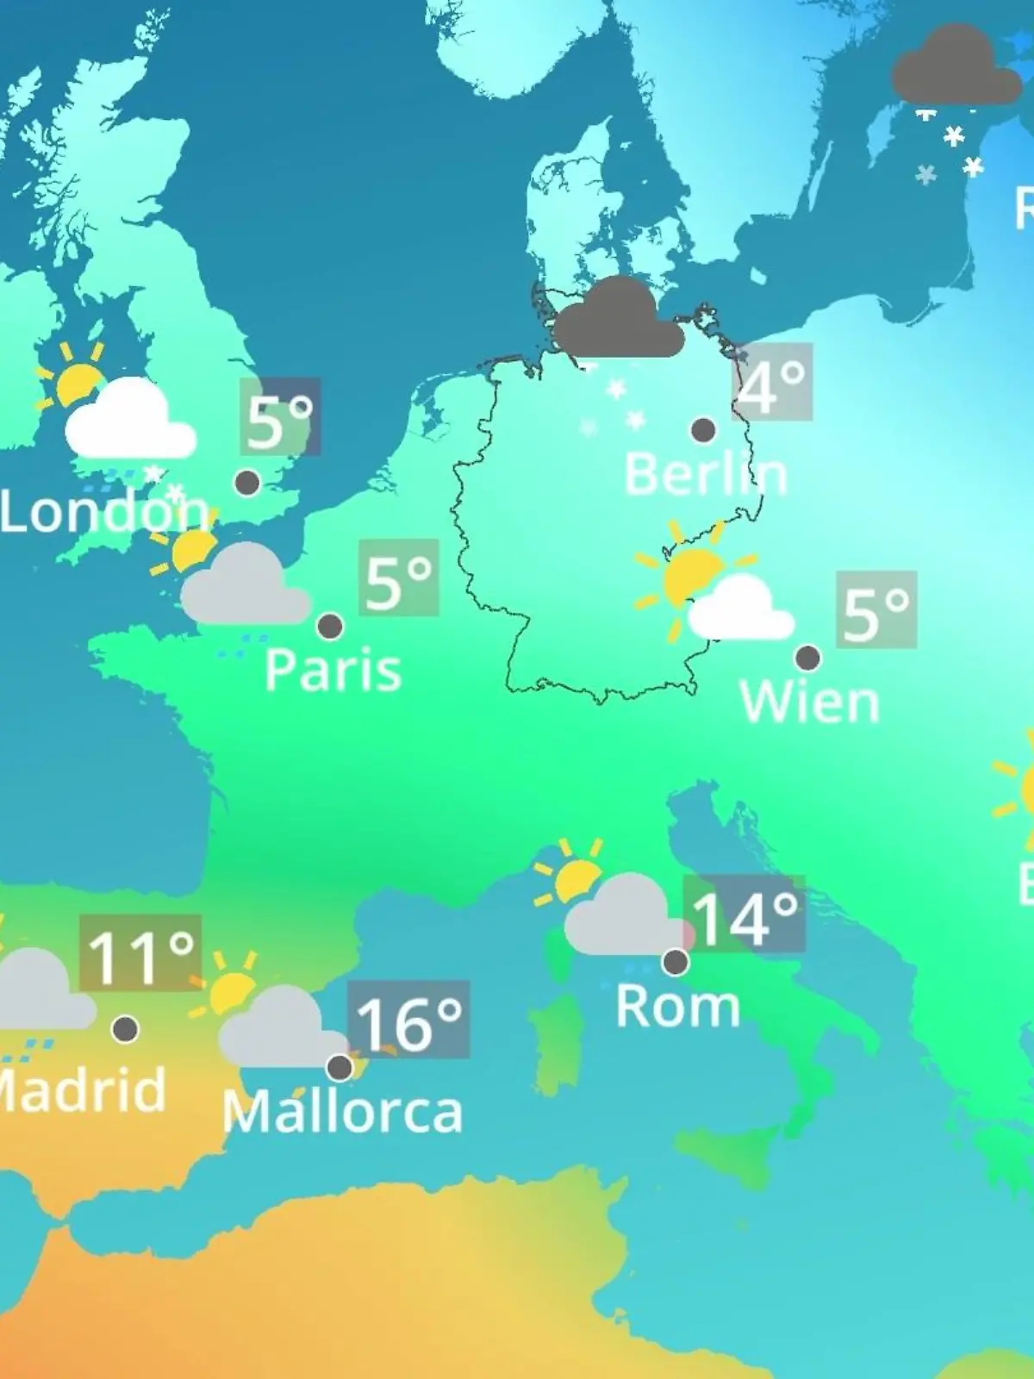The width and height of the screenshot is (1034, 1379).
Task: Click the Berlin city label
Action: point(706,475)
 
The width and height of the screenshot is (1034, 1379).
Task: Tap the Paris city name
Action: point(333,670)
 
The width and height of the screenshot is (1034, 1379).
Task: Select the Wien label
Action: point(809,702)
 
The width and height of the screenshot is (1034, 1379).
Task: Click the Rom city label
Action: point(678,1006)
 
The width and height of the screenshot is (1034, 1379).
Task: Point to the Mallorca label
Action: point(342,1112)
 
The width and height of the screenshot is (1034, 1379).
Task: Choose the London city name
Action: point(103,512)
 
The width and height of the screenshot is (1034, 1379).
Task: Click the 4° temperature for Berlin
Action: point(772,383)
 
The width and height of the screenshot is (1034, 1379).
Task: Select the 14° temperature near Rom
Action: point(744,917)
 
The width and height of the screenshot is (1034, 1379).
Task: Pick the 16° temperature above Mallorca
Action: point(408,1022)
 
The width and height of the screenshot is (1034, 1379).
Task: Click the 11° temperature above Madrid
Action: point(140,955)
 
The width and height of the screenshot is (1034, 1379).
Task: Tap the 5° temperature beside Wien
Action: point(875,611)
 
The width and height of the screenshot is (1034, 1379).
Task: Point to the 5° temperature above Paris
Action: point(398,579)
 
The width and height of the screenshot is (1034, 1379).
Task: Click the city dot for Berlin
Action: point(703,429)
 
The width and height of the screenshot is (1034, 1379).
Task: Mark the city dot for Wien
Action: point(807,658)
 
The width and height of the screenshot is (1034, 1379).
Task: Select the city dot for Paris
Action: point(330,627)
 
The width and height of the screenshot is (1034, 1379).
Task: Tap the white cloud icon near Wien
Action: point(741,610)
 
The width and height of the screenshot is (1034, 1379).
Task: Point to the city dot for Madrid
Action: point(126,1028)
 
